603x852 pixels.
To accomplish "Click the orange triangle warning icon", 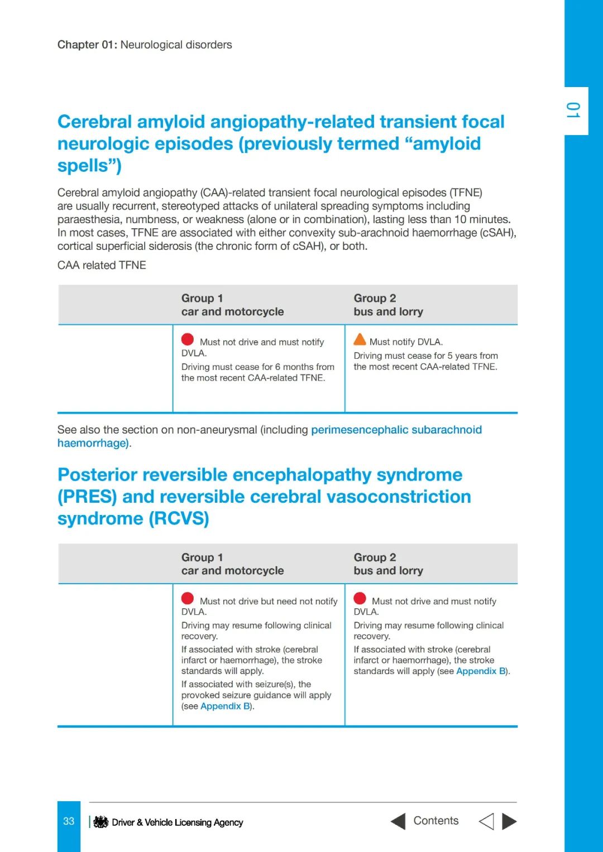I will (x=360, y=339).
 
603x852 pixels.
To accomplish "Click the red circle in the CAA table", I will (x=188, y=339).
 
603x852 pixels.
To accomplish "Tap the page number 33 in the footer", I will (x=69, y=821).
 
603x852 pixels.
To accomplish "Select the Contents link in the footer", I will (x=435, y=821).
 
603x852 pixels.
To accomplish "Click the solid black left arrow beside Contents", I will (x=398, y=821).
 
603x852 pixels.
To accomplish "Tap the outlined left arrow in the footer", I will (x=486, y=821).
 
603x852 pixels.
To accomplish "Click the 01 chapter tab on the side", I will (x=573, y=110).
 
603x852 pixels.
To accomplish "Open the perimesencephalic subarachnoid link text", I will (x=396, y=430).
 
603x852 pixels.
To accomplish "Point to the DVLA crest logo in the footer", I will (x=100, y=822).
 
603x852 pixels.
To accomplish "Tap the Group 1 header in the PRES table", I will (x=202, y=557).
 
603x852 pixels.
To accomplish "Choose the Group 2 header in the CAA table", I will (x=375, y=299).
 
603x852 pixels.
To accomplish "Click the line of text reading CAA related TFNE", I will (x=102, y=265).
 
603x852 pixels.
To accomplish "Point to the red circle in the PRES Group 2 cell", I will (x=360, y=599).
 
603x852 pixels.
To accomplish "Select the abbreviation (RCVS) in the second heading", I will (x=179, y=518).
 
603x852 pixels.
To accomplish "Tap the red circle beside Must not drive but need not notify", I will (x=188, y=599).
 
